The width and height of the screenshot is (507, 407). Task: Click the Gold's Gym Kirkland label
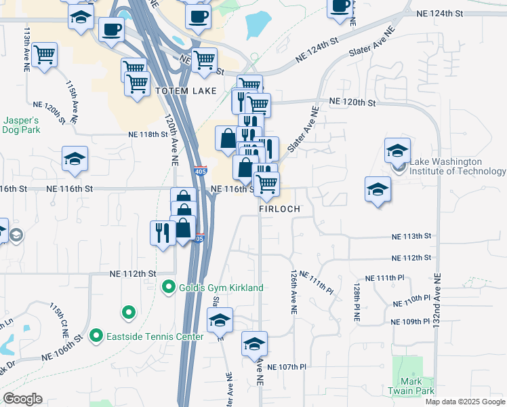[x=221, y=288]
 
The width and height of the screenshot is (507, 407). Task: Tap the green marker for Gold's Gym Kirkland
[x=169, y=288]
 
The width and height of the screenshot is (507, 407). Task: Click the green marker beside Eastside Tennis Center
[x=96, y=336]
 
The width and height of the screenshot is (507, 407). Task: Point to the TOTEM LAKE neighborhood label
[x=186, y=91]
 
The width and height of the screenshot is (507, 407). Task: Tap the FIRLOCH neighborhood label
[x=279, y=210]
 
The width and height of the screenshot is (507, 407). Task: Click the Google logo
[x=22, y=399]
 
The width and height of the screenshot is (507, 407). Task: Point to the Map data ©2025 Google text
[x=465, y=402]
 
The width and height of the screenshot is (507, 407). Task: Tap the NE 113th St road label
[x=411, y=237]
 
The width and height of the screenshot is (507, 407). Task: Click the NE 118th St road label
[x=148, y=134]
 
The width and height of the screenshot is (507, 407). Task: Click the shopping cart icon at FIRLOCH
[x=266, y=183]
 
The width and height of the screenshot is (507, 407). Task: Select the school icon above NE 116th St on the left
[x=75, y=160]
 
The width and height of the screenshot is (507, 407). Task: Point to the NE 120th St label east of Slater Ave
[x=352, y=102]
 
